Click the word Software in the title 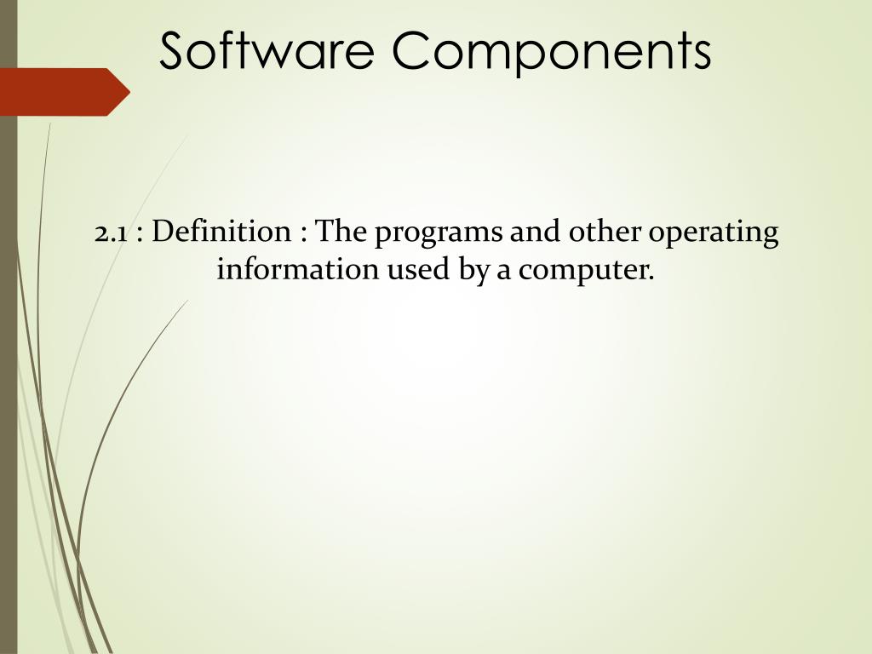(x=266, y=51)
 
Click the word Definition (x=223, y=232)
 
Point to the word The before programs (x=342, y=232)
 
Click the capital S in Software (x=176, y=51)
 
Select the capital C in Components (x=413, y=51)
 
